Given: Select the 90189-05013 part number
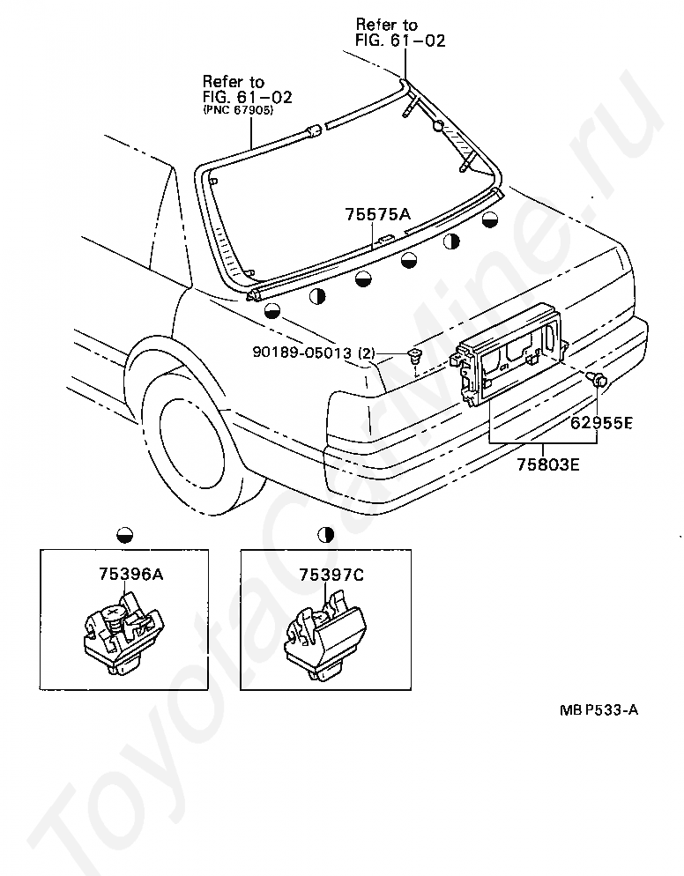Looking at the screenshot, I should (301, 353).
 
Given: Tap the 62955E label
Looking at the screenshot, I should (601, 423).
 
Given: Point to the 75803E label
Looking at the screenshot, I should (548, 464).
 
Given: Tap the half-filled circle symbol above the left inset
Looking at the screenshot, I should (125, 534).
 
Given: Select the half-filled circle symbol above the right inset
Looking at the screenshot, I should (326, 534).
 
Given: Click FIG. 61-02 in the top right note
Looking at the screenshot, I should (401, 41).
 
